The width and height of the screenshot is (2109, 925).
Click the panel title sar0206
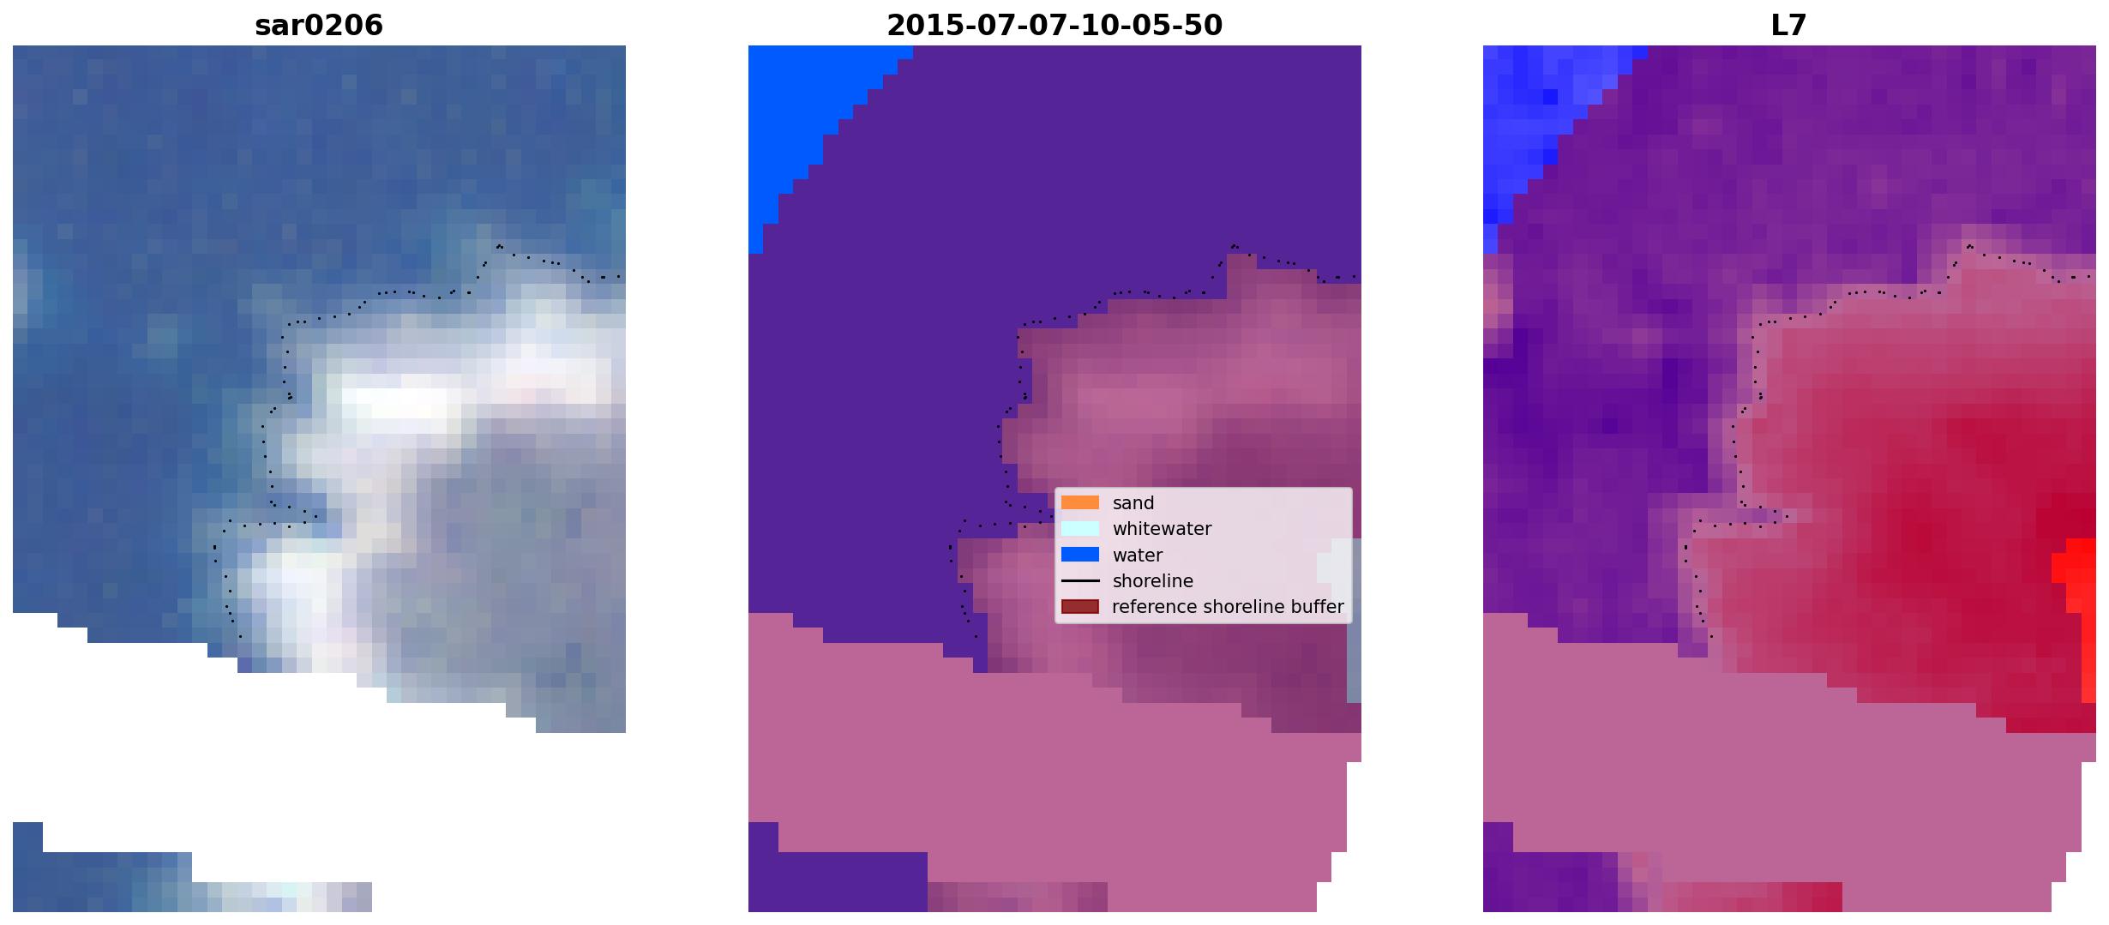pyautogui.click(x=319, y=26)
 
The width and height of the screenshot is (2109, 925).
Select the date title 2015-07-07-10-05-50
pyautogui.click(x=1054, y=26)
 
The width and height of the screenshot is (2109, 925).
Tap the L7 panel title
pyautogui.click(x=1789, y=26)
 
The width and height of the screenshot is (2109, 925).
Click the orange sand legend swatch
pyautogui.click(x=1080, y=502)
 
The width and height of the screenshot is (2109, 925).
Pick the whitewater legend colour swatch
pyautogui.click(x=1080, y=528)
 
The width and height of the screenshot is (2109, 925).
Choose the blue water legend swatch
pyautogui.click(x=1080, y=555)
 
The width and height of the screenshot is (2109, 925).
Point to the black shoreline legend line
pyautogui.click(x=1080, y=581)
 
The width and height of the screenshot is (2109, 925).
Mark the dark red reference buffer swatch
pyautogui.click(x=1080, y=607)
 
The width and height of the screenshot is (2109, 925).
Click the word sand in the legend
pyautogui.click(x=1133, y=503)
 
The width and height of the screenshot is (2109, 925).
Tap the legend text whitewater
pyautogui.click(x=1162, y=529)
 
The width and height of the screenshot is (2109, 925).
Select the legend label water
pyautogui.click(x=1138, y=556)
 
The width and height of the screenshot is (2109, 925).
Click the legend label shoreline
pyautogui.click(x=1153, y=581)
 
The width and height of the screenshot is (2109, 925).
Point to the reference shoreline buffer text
pyautogui.click(x=1228, y=607)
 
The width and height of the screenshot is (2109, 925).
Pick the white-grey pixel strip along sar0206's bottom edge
pyautogui.click(x=283, y=897)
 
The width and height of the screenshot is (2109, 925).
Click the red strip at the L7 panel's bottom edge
pyautogui.click(x=1753, y=897)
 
